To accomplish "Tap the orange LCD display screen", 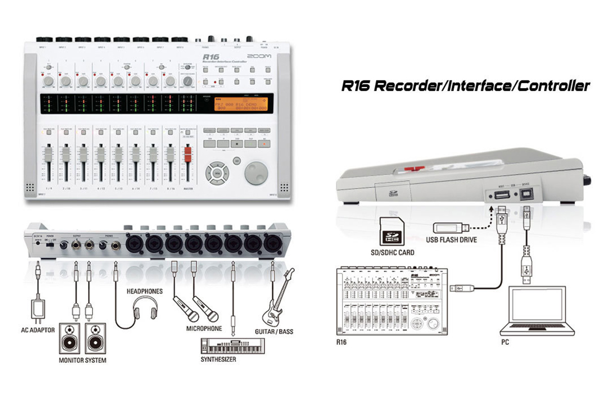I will pyautogui.click(x=239, y=104).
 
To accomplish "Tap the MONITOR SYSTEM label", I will pyautogui.click(x=82, y=360).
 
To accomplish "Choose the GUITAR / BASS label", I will pyautogui.click(x=274, y=332).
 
